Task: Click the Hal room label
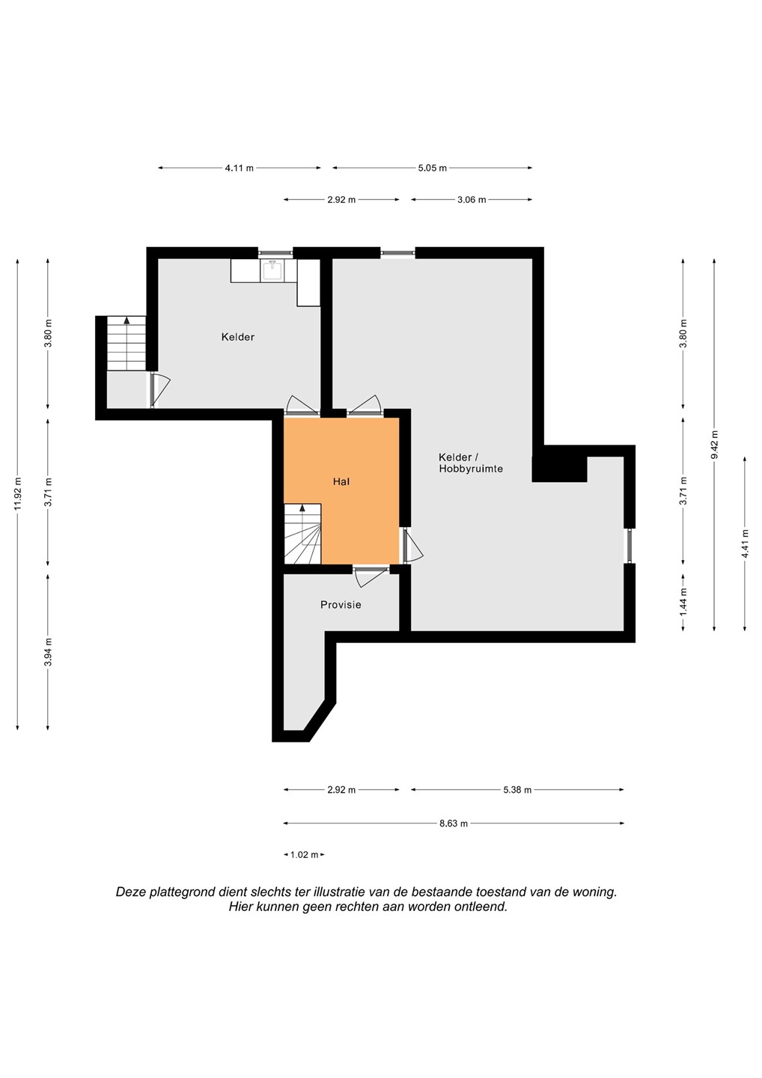(x=341, y=481)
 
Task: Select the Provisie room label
(x=341, y=604)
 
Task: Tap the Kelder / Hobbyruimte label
(x=471, y=463)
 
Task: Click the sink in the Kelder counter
(x=272, y=270)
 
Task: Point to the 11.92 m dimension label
(x=18, y=494)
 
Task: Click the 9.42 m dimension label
(x=714, y=444)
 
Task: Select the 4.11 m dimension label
(x=239, y=168)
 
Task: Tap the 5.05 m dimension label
(x=433, y=168)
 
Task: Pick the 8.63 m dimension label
(x=454, y=823)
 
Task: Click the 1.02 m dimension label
(x=305, y=855)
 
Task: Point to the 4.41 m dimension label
(x=746, y=543)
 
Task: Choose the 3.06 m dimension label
(x=472, y=200)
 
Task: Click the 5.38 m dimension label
(x=518, y=790)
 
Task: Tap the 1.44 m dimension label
(x=683, y=602)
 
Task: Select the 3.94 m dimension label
(x=48, y=651)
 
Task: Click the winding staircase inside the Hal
(x=302, y=534)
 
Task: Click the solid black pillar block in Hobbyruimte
(x=559, y=469)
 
